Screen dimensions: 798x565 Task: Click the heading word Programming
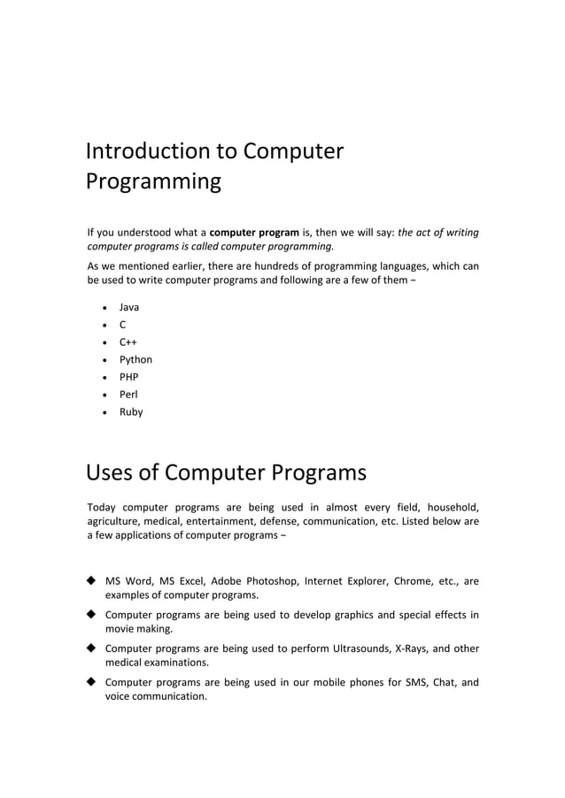coord(153,183)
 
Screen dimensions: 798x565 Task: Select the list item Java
coord(129,307)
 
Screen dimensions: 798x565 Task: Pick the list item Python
coord(135,360)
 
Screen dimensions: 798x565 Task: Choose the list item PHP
coord(129,377)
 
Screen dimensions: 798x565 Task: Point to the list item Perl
coord(129,395)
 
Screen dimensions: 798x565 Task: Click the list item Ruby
coord(131,412)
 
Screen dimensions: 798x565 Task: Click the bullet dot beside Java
coord(106,308)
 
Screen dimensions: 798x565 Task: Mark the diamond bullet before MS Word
coord(91,581)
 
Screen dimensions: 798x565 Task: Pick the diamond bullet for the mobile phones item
coord(91,682)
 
